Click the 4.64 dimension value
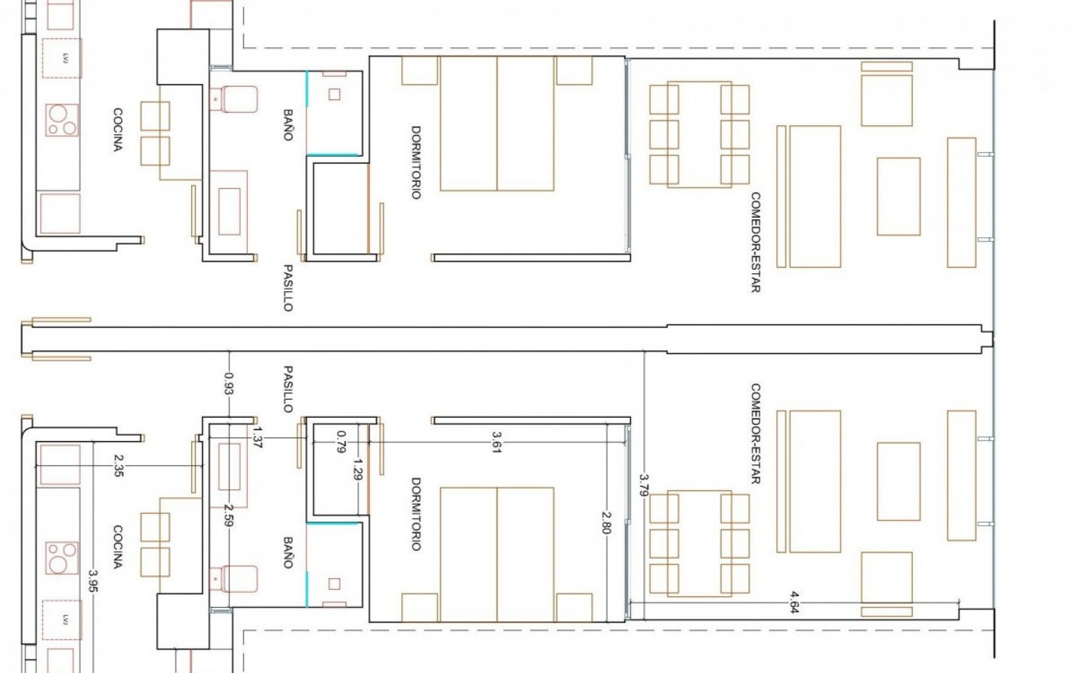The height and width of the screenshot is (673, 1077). click(793, 602)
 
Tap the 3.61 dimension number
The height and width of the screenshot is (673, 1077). click(496, 442)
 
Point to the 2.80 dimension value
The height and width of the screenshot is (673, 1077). click(606, 522)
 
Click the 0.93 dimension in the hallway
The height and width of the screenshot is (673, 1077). click(228, 384)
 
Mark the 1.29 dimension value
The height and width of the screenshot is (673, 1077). click(357, 469)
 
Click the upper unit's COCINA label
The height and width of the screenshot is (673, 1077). click(118, 130)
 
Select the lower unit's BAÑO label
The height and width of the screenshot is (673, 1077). click(288, 552)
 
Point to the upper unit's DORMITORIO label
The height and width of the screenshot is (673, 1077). click(416, 162)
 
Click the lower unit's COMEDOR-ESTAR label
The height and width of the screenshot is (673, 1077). click(755, 434)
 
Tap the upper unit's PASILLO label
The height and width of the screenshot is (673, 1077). click(288, 288)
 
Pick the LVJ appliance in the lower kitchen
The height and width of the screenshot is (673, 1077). click(62, 619)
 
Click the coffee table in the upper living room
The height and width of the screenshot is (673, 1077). click(898, 196)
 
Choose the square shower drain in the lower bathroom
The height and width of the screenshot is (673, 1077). click(334, 584)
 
